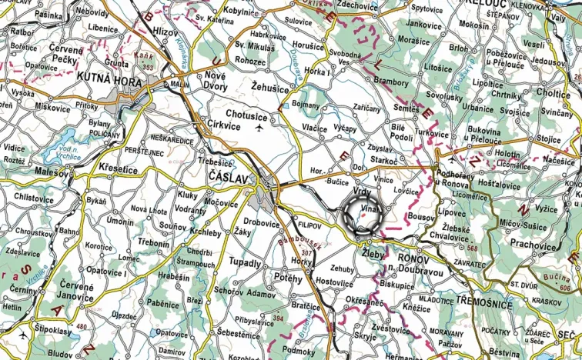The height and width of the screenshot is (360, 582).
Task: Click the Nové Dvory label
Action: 215,81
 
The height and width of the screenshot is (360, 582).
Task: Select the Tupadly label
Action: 246,263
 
